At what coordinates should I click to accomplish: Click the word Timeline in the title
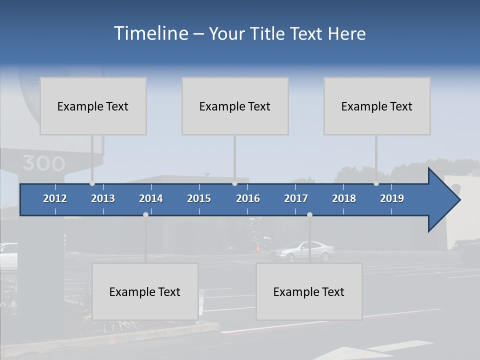[x=150, y=33]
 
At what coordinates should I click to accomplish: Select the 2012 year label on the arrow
[x=55, y=198]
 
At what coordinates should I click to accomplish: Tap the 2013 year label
[x=103, y=198]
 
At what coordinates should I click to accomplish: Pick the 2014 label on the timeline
[x=151, y=198]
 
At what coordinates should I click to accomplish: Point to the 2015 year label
[x=199, y=198]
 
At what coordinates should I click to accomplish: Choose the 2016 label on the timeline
[x=248, y=198]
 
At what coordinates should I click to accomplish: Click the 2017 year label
[x=296, y=198]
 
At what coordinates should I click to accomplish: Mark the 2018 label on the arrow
[x=344, y=198]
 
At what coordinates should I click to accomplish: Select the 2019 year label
[x=392, y=198]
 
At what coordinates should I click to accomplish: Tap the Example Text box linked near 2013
[x=93, y=106]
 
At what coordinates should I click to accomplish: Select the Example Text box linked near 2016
[x=235, y=106]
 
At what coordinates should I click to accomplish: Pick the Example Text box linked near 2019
[x=377, y=106]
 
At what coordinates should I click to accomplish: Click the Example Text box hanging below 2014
[x=145, y=291]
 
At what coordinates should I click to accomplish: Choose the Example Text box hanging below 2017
[x=309, y=291]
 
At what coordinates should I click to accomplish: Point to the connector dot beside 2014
[x=145, y=214]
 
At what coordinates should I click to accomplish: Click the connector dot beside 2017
[x=309, y=214]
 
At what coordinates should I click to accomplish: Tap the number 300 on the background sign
[x=43, y=163]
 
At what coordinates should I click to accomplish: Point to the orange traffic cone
[x=258, y=247]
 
